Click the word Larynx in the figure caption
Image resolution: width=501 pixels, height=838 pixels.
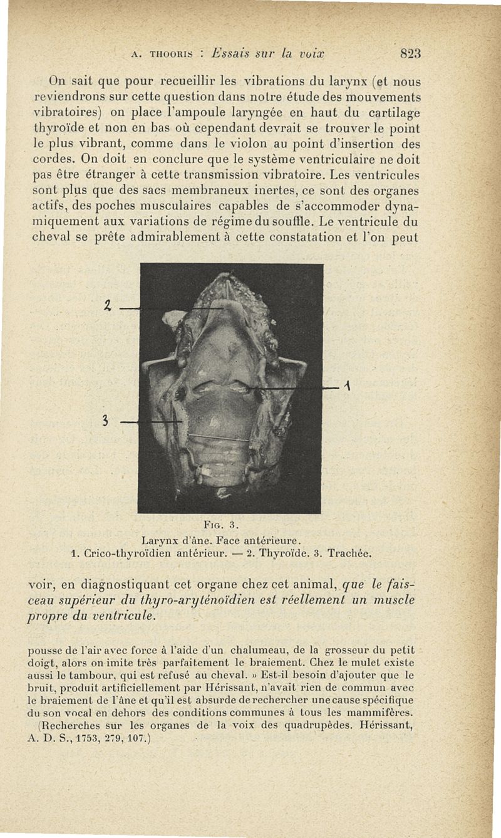[162, 538]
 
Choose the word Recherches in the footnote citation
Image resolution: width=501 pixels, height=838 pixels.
[70, 726]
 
